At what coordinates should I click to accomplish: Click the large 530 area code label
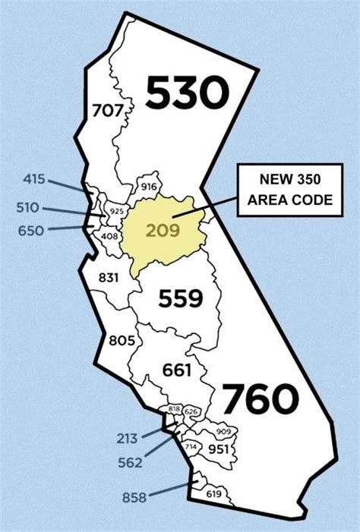click(187, 93)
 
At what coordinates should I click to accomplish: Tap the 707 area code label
click(106, 111)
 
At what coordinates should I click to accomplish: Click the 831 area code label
click(109, 278)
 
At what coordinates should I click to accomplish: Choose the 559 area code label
click(181, 298)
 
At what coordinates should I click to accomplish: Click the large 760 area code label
click(258, 398)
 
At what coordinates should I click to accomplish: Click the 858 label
click(134, 497)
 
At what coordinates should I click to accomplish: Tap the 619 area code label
click(213, 495)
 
